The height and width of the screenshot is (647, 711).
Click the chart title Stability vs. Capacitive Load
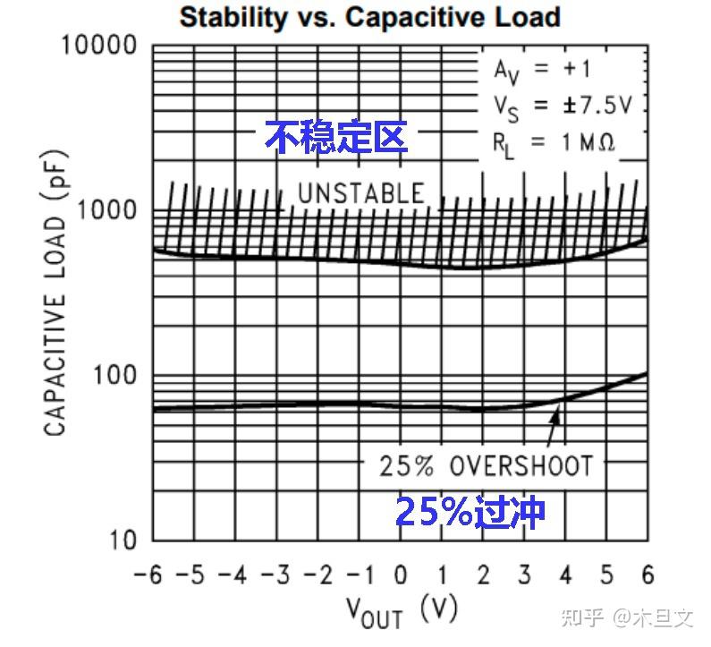tap(370, 16)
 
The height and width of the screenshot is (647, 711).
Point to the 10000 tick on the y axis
tap(99, 46)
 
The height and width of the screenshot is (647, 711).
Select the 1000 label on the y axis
tap(108, 210)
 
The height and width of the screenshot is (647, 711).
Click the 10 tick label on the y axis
tap(124, 540)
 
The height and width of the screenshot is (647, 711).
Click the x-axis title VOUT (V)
tap(402, 611)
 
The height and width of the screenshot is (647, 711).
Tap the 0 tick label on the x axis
tap(401, 574)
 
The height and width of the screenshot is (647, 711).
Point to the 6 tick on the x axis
tap(648, 574)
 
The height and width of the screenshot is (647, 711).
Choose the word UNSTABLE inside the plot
tap(360, 193)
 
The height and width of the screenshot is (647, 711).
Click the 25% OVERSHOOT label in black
tap(486, 466)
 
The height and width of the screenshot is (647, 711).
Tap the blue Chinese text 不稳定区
tap(336, 137)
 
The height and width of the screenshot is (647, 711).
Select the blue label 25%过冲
tap(470, 513)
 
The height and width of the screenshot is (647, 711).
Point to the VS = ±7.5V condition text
tap(563, 106)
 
